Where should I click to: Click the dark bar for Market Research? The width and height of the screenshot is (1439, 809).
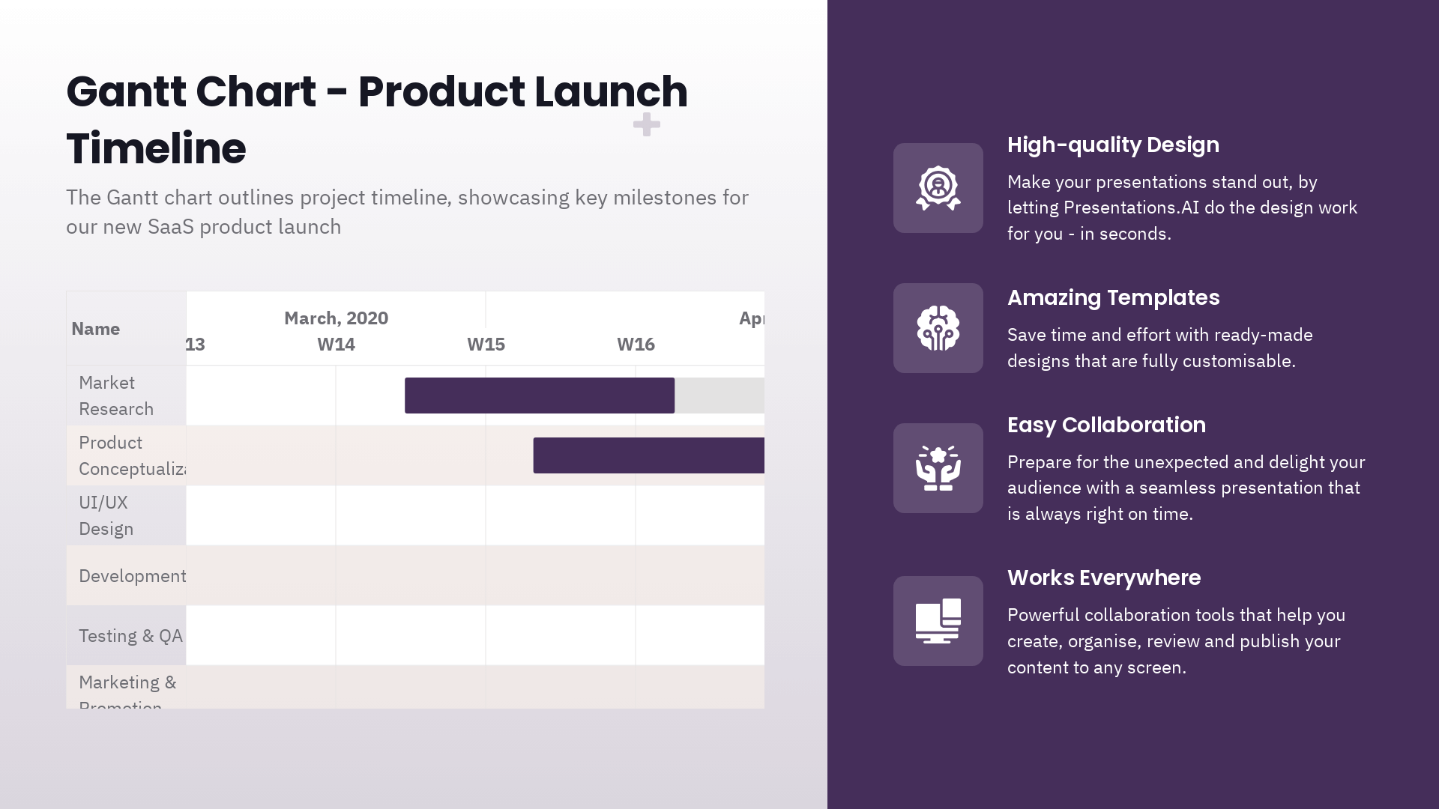tap(540, 396)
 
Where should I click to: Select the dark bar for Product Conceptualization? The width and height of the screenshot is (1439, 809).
tap(648, 455)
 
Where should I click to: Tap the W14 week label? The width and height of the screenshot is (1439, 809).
tap(336, 345)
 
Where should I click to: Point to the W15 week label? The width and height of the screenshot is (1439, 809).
tap(486, 345)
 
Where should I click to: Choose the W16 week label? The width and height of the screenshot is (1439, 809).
tap(636, 345)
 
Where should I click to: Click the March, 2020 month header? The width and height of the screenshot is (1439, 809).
tap(336, 318)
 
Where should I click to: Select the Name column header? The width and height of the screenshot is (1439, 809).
tap(95, 329)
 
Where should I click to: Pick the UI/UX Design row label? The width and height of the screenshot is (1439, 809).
tap(106, 515)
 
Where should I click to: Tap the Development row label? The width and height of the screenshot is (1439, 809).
tap(132, 576)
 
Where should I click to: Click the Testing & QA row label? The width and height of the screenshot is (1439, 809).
tap(130, 636)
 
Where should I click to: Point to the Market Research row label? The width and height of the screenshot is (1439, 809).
tap(115, 396)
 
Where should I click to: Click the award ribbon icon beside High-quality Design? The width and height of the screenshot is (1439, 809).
tap(938, 188)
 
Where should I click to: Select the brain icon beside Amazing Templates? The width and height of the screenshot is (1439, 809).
tap(938, 328)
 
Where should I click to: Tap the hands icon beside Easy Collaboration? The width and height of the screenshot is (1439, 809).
tap(938, 468)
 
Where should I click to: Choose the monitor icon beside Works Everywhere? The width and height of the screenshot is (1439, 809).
tap(938, 621)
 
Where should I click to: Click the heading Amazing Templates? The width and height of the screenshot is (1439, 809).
tap(1113, 298)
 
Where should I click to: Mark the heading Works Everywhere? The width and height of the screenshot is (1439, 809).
tap(1103, 578)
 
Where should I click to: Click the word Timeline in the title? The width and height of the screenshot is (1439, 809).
tap(156, 148)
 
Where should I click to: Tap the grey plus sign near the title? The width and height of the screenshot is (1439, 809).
tap(646, 124)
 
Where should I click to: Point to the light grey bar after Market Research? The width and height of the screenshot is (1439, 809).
tap(719, 396)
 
